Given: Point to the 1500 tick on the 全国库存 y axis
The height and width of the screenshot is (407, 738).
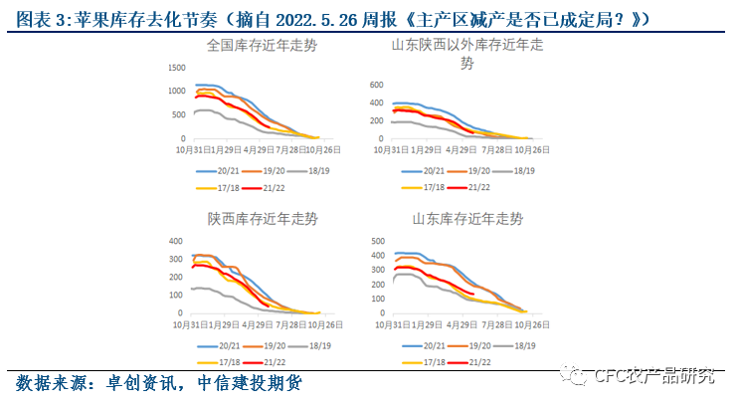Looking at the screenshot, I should point(177,68).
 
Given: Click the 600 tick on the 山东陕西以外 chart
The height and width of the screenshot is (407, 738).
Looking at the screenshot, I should point(377,86).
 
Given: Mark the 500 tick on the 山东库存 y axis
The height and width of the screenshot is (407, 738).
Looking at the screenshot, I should point(377,242).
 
